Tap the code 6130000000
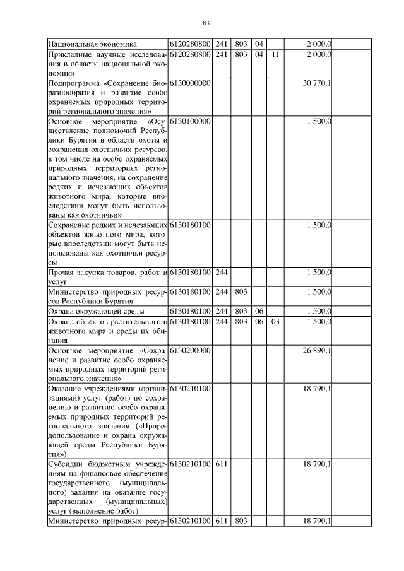190,83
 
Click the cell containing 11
275,54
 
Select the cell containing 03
275,322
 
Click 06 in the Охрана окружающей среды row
258,311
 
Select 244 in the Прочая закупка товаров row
221,273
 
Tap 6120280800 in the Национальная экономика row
190,44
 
